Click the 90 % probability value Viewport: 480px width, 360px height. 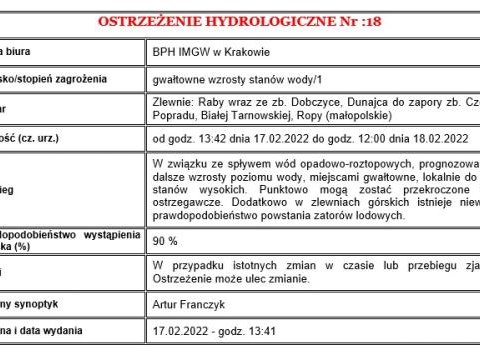[166, 241]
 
